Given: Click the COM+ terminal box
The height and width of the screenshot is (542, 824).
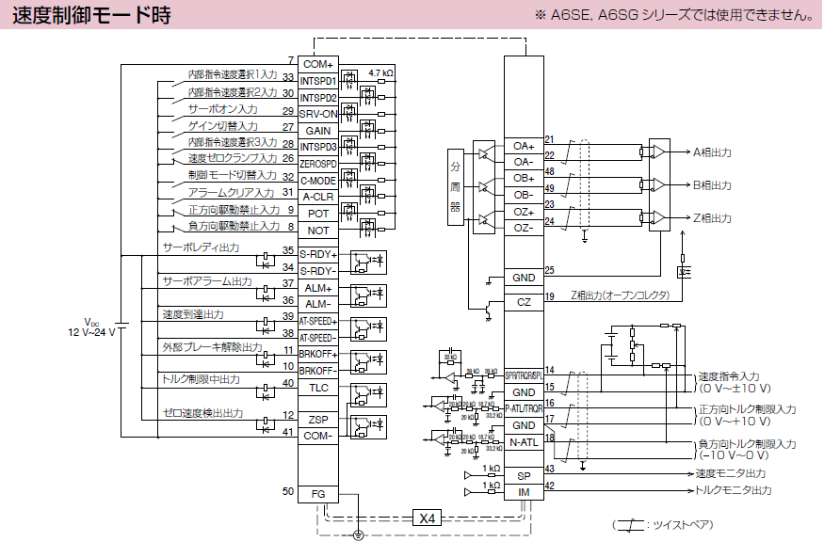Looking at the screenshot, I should [x=316, y=64].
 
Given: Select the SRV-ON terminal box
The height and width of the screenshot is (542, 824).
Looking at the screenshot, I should [x=316, y=114].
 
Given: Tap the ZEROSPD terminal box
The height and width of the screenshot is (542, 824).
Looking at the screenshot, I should [x=316, y=163].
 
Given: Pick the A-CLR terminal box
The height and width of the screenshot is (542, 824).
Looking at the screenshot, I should [x=316, y=196].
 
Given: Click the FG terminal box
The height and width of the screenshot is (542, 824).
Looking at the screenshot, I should [x=316, y=492].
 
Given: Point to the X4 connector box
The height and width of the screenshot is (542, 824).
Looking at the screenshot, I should [x=428, y=518].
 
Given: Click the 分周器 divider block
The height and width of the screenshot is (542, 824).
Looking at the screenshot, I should [x=455, y=185].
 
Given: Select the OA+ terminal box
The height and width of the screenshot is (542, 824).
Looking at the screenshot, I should [x=523, y=147].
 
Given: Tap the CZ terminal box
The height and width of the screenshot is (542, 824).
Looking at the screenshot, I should [x=523, y=302].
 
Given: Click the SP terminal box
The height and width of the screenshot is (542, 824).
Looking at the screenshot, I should [x=523, y=476].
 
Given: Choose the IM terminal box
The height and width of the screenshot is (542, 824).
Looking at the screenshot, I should [x=523, y=492].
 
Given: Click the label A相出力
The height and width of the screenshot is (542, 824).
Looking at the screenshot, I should [x=713, y=152].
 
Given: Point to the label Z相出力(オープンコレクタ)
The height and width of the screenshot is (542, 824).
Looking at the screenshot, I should [x=620, y=295].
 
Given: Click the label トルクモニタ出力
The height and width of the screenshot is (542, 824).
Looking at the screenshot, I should [x=734, y=490].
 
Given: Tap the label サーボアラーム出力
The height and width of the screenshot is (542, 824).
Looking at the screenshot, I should [x=207, y=281].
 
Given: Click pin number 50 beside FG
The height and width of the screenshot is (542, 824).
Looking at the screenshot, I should [x=288, y=490].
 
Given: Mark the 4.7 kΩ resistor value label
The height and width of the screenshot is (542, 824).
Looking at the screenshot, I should [x=381, y=72].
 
